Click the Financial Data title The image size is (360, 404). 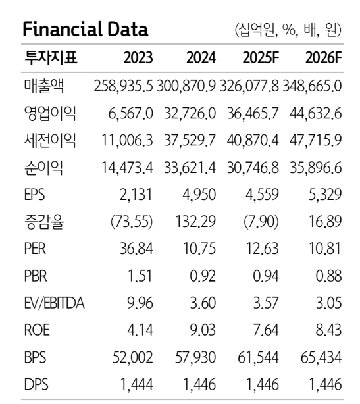point(86,30)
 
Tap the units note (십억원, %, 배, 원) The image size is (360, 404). point(288,30)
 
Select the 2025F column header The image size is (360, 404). point(261,58)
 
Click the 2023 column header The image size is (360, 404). point(138,58)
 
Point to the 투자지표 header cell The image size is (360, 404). point(51,57)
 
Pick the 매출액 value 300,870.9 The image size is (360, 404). point(186,86)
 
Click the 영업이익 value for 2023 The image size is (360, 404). point(130,114)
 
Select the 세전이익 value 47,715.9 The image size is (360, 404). point(316,141)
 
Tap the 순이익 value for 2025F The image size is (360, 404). point(253,168)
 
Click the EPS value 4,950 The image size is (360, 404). point(199,195)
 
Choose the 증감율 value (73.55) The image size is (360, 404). point(132,222)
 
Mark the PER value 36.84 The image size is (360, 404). point(136,249)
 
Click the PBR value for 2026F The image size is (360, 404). point(329,276)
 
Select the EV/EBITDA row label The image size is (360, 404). point(54,303)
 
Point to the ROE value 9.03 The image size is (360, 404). point(203,330)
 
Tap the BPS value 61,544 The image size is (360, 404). point(258,357)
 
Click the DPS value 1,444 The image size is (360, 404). point(137,384)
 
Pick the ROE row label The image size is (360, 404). point(37,330)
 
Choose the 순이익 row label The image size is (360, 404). point(43,168)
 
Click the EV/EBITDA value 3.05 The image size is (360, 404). point(329,303)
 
